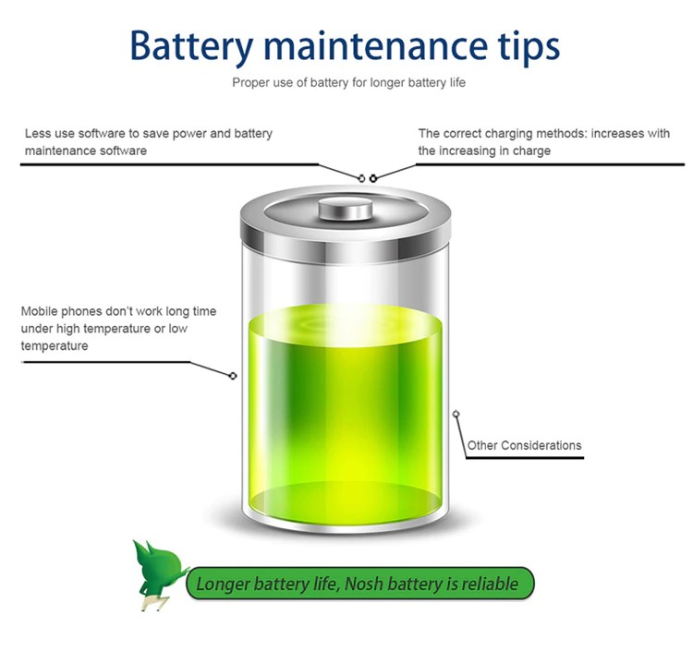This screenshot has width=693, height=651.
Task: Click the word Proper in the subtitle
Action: point(249,83)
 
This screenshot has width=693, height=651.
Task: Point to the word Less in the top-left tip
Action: point(37,134)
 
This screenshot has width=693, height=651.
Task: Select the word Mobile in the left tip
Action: point(40,311)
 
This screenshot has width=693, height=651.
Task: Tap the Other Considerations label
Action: point(524,445)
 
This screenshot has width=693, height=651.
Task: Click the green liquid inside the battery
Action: point(346,406)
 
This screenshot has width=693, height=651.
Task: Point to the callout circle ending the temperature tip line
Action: point(233,376)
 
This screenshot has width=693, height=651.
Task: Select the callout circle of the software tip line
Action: point(361,177)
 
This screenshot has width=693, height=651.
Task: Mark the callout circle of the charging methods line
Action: point(373,177)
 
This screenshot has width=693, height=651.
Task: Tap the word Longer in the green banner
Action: point(226,584)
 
